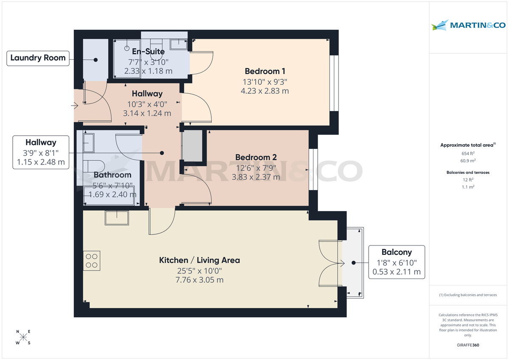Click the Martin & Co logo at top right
click(468, 25)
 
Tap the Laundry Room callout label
click(38, 58)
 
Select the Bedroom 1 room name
click(262, 71)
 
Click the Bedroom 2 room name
click(253, 158)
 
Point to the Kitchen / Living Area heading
click(199, 260)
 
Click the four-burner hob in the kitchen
click(92, 260)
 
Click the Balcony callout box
click(396, 262)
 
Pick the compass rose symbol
click(24, 338)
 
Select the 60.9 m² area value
click(468, 161)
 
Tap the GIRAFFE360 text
click(468, 345)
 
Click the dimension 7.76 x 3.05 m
click(199, 280)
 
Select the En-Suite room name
click(148, 52)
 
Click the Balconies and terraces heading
click(468, 173)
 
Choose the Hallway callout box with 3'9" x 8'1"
click(41, 152)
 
